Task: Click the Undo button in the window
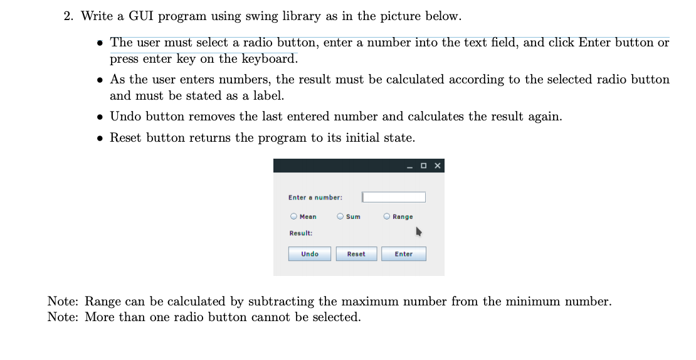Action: [x=309, y=254]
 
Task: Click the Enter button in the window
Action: [x=403, y=254]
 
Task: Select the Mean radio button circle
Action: [x=293, y=216]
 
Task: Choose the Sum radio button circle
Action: [x=340, y=216]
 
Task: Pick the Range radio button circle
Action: [x=387, y=216]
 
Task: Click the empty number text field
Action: [x=394, y=197]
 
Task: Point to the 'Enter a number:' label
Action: [x=315, y=198]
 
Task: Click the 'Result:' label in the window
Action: [x=301, y=233]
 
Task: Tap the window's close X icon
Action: [x=437, y=166]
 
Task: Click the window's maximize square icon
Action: [x=424, y=166]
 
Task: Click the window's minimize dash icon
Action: [x=409, y=166]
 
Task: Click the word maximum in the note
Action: [x=369, y=301]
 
